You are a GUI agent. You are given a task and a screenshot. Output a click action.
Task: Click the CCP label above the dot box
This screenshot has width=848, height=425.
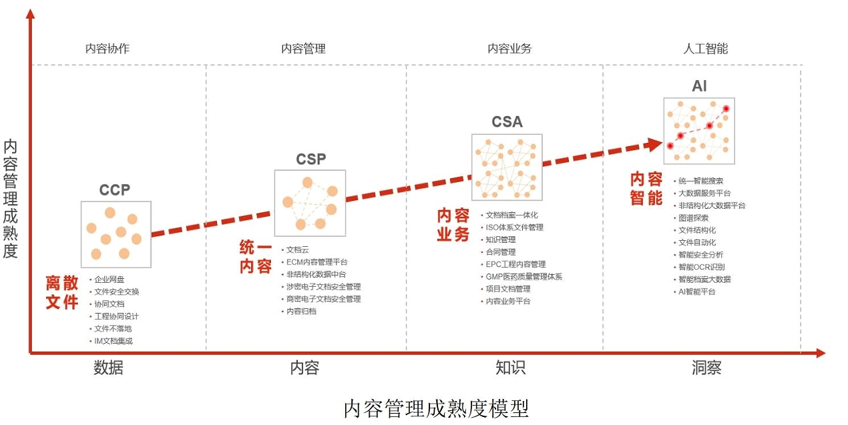[115, 190]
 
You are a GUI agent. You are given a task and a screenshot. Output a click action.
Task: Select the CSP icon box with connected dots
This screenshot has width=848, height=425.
[310, 203]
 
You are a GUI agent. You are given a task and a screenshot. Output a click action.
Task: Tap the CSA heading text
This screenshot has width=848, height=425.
[507, 122]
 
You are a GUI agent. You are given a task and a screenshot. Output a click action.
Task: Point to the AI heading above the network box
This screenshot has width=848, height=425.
[699, 86]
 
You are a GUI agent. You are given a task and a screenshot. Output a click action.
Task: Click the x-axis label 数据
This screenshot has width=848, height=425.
[108, 368]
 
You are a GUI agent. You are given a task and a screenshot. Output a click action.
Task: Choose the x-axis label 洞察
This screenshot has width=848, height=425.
[706, 368]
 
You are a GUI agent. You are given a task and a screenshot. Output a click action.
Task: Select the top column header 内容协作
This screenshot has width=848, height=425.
[108, 49]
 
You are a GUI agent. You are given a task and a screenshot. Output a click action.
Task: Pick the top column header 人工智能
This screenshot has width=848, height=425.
[705, 49]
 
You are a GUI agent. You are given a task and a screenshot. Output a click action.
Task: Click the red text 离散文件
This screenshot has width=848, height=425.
[62, 292]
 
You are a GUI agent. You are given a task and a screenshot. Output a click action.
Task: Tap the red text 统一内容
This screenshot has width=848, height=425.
[256, 258]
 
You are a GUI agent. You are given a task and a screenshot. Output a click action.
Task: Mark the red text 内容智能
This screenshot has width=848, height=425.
[646, 189]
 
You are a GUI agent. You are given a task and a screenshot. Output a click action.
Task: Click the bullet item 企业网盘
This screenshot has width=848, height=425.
[110, 280]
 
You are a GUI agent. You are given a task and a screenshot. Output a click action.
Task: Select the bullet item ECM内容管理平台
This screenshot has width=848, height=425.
[316, 262]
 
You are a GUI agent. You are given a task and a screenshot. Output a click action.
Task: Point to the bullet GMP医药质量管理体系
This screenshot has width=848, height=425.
[523, 276]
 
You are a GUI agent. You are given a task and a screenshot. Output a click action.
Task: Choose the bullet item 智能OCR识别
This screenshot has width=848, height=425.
[701, 267]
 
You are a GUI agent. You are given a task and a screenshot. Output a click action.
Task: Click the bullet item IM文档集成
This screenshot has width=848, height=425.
[114, 341]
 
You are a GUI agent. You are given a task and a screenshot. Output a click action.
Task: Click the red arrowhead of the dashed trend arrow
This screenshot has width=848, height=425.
[654, 143]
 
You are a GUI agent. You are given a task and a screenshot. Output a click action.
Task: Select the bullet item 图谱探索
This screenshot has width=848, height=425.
[694, 218]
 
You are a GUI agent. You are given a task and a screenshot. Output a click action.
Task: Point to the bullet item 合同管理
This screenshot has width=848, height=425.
[500, 252]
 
